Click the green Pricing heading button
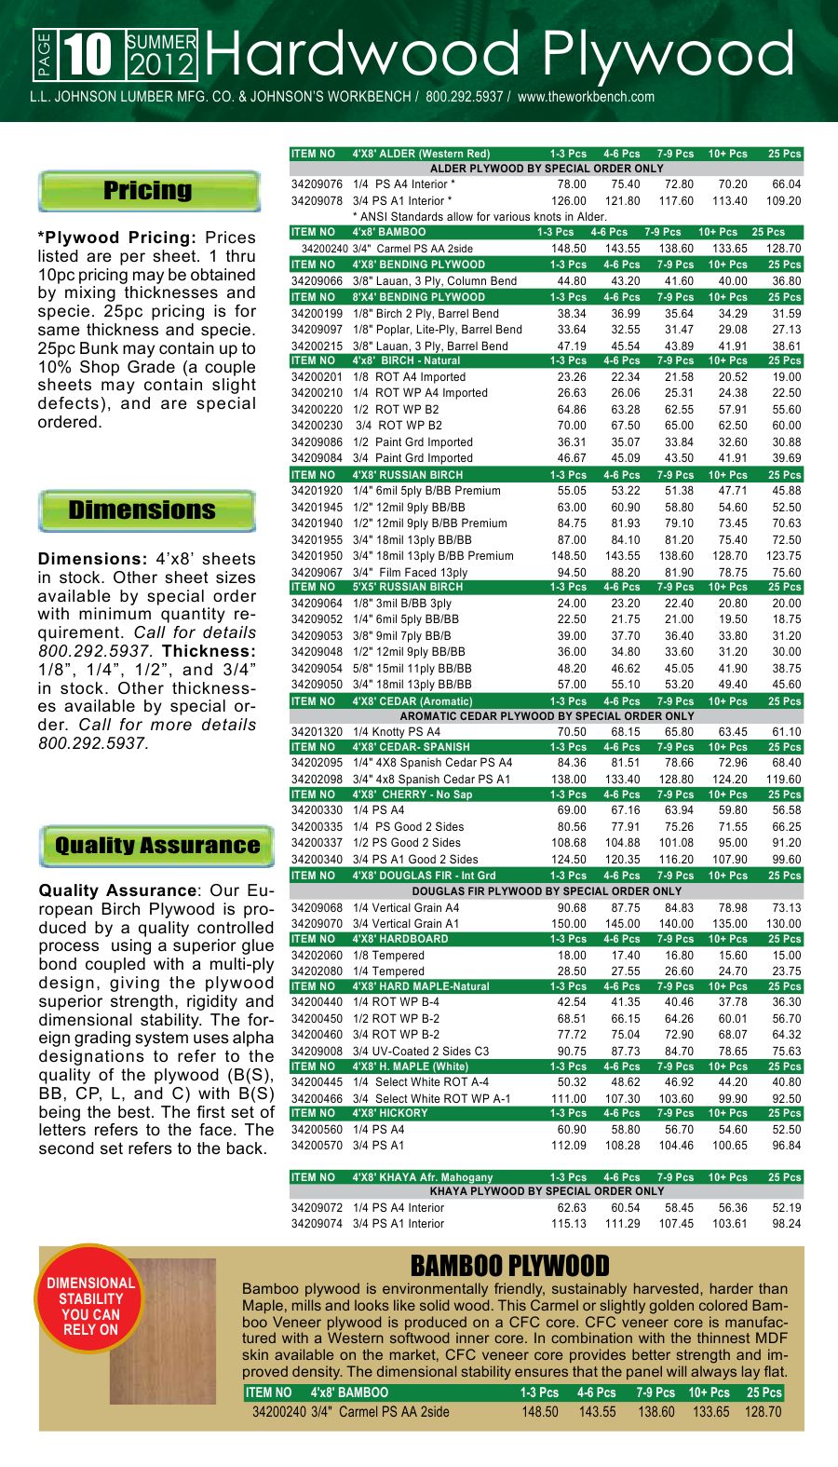[x=148, y=191]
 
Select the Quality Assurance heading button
[x=156, y=846]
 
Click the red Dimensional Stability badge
[x=90, y=1306]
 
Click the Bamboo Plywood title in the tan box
[x=509, y=1266]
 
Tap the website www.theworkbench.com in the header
[x=586, y=97]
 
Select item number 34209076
[x=317, y=184]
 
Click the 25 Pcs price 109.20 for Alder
[x=783, y=201]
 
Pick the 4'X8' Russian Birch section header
[x=407, y=475]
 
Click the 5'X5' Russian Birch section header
[x=407, y=587]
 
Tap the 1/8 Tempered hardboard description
[x=388, y=955]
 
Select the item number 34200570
[x=317, y=1146]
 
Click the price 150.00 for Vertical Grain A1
[x=568, y=924]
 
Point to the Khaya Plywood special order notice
[x=547, y=1191]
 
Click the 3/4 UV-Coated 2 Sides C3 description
[x=421, y=1051]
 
